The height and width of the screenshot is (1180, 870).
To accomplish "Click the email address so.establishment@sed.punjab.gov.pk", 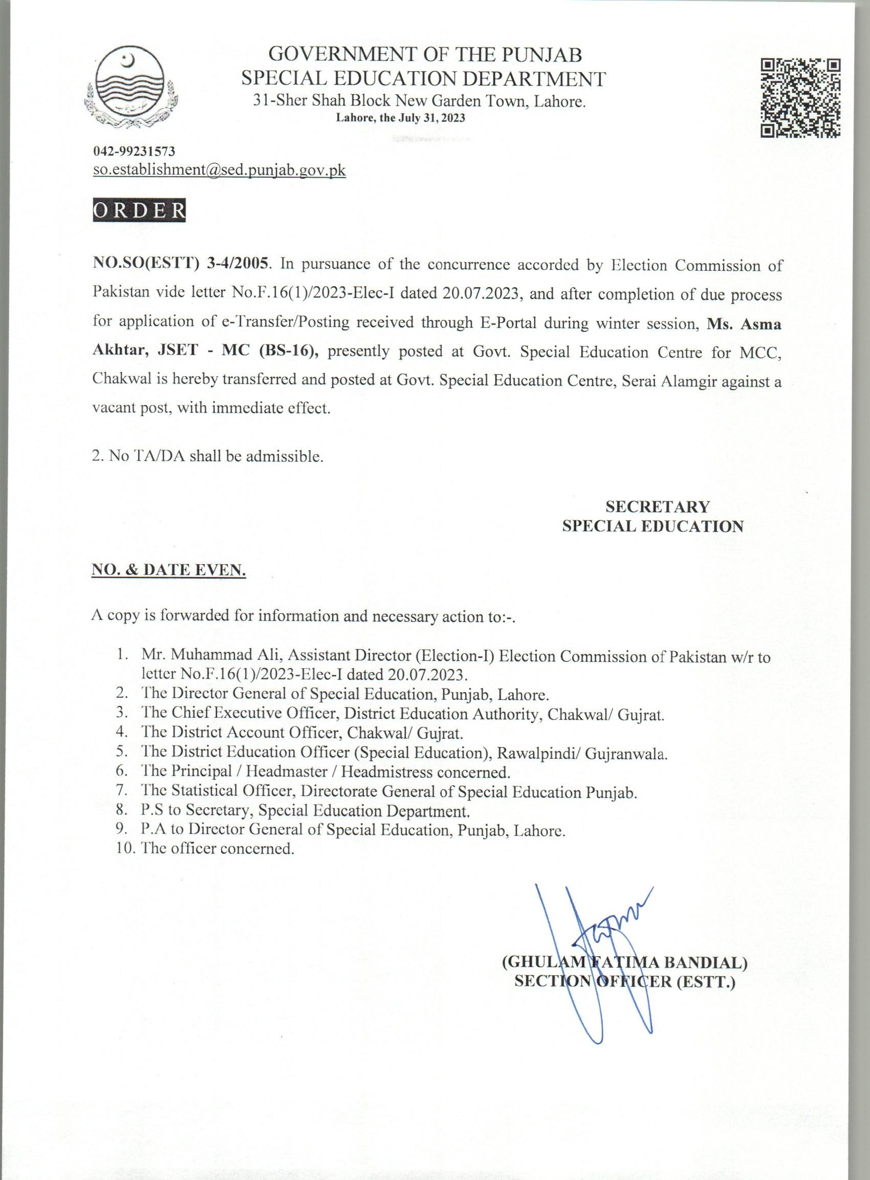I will tap(219, 170).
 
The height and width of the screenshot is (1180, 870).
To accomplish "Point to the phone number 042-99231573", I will tap(134, 152).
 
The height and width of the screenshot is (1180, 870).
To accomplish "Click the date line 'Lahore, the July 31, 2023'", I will tap(400, 118).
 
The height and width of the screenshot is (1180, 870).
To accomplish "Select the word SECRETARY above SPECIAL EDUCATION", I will tap(657, 506).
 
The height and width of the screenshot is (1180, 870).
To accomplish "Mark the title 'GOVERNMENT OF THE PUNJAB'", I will tap(425, 55).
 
